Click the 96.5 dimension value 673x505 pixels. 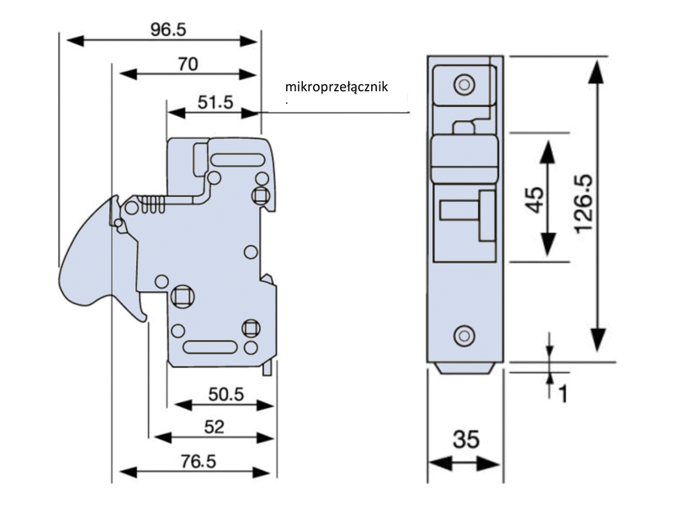click(x=168, y=29)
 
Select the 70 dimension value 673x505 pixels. click(x=188, y=63)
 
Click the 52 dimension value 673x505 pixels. click(x=214, y=427)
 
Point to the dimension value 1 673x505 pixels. click(x=564, y=392)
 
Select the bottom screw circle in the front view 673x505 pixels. click(x=461, y=336)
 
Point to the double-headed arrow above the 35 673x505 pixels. click(x=465, y=464)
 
